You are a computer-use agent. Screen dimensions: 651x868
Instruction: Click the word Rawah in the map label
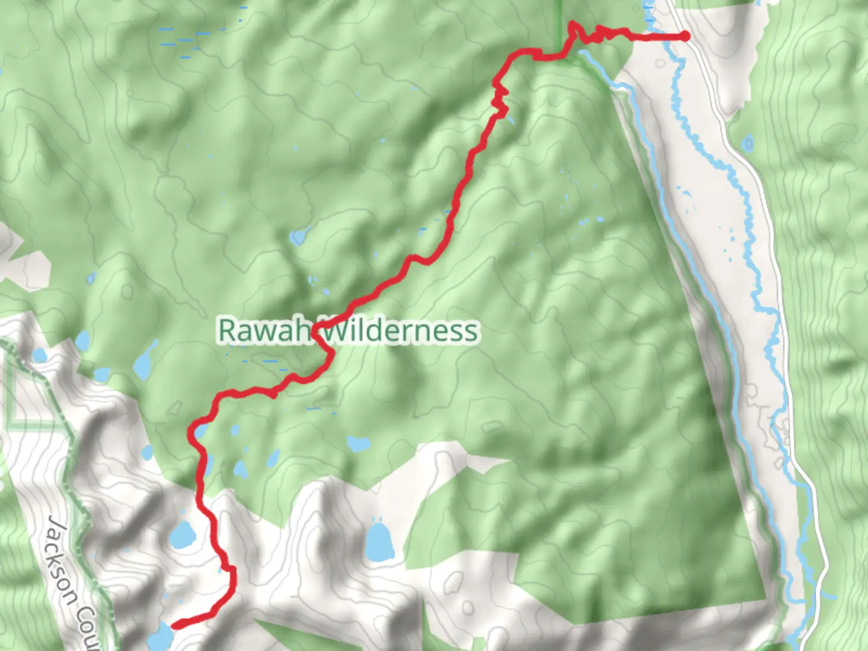tap(264, 330)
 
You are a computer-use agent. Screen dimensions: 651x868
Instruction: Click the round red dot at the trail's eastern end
tap(685, 36)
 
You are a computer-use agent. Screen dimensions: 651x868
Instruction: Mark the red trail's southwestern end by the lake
tap(175, 626)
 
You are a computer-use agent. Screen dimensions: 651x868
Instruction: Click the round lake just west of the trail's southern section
tap(181, 534)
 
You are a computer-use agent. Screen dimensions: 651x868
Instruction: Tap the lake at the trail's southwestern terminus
tap(159, 635)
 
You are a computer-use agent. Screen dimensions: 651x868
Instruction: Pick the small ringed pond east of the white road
tap(748, 143)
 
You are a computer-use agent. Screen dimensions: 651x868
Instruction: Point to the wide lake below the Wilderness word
tap(358, 444)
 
